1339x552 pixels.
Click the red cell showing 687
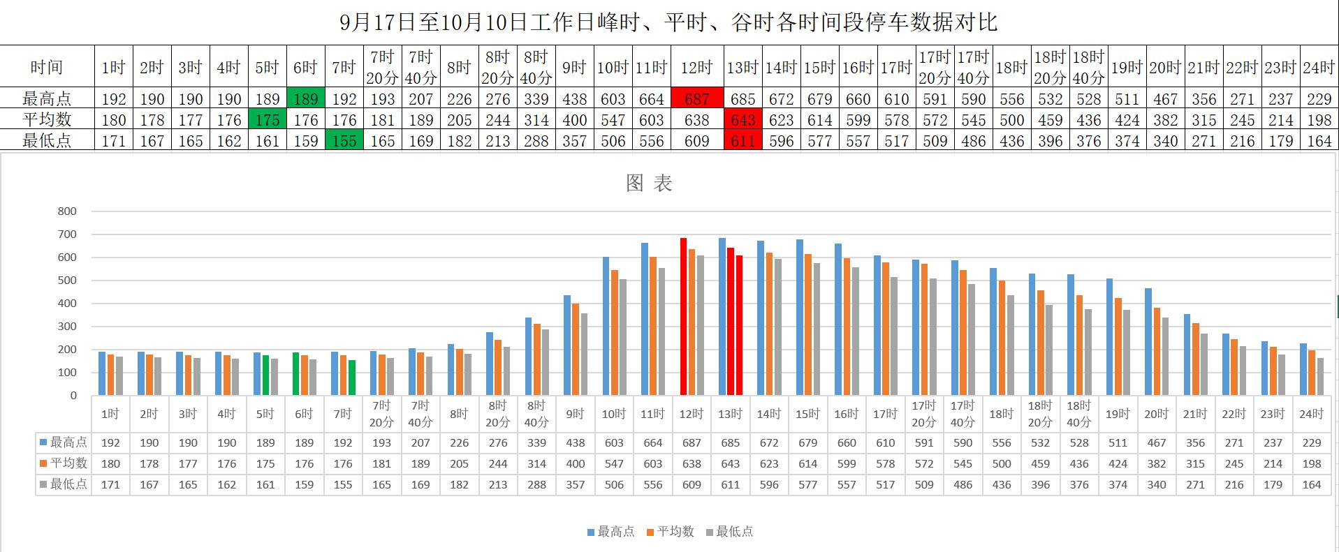pos(696,98)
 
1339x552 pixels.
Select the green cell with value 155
pos(344,140)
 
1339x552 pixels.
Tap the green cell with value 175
pos(268,119)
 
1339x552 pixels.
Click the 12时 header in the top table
pos(696,67)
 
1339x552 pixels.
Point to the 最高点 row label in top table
pos(47,98)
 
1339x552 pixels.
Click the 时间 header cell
pos(47,67)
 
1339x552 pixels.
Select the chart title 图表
pos(649,184)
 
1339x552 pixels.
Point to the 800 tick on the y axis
pos(67,211)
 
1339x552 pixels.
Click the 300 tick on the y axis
pos(67,327)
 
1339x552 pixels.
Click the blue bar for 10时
pos(606,326)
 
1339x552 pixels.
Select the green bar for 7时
pos(351,378)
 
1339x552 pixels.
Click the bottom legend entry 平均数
pos(671,532)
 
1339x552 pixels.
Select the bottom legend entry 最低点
pos(731,532)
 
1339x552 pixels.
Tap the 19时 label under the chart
pos(1118,414)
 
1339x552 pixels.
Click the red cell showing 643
pos(742,119)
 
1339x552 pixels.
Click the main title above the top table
pos(668,22)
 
